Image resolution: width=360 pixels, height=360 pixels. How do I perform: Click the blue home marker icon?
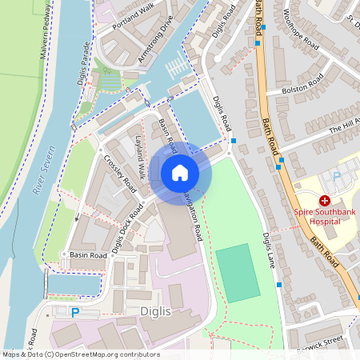[x=180, y=173]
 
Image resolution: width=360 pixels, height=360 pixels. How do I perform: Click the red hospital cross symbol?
[x=324, y=200]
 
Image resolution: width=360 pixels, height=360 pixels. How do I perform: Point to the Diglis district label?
[x=154, y=312]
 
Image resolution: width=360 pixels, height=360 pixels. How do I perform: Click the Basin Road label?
[x=88, y=255]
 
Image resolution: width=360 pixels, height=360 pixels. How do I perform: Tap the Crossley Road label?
[x=120, y=173]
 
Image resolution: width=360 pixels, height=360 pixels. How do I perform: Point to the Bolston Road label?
[x=303, y=84]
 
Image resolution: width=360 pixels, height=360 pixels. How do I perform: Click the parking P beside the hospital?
[x=337, y=175]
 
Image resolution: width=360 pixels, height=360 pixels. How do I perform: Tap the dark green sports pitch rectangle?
[x=238, y=273]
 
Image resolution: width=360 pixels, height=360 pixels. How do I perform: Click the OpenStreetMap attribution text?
[x=80, y=354]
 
